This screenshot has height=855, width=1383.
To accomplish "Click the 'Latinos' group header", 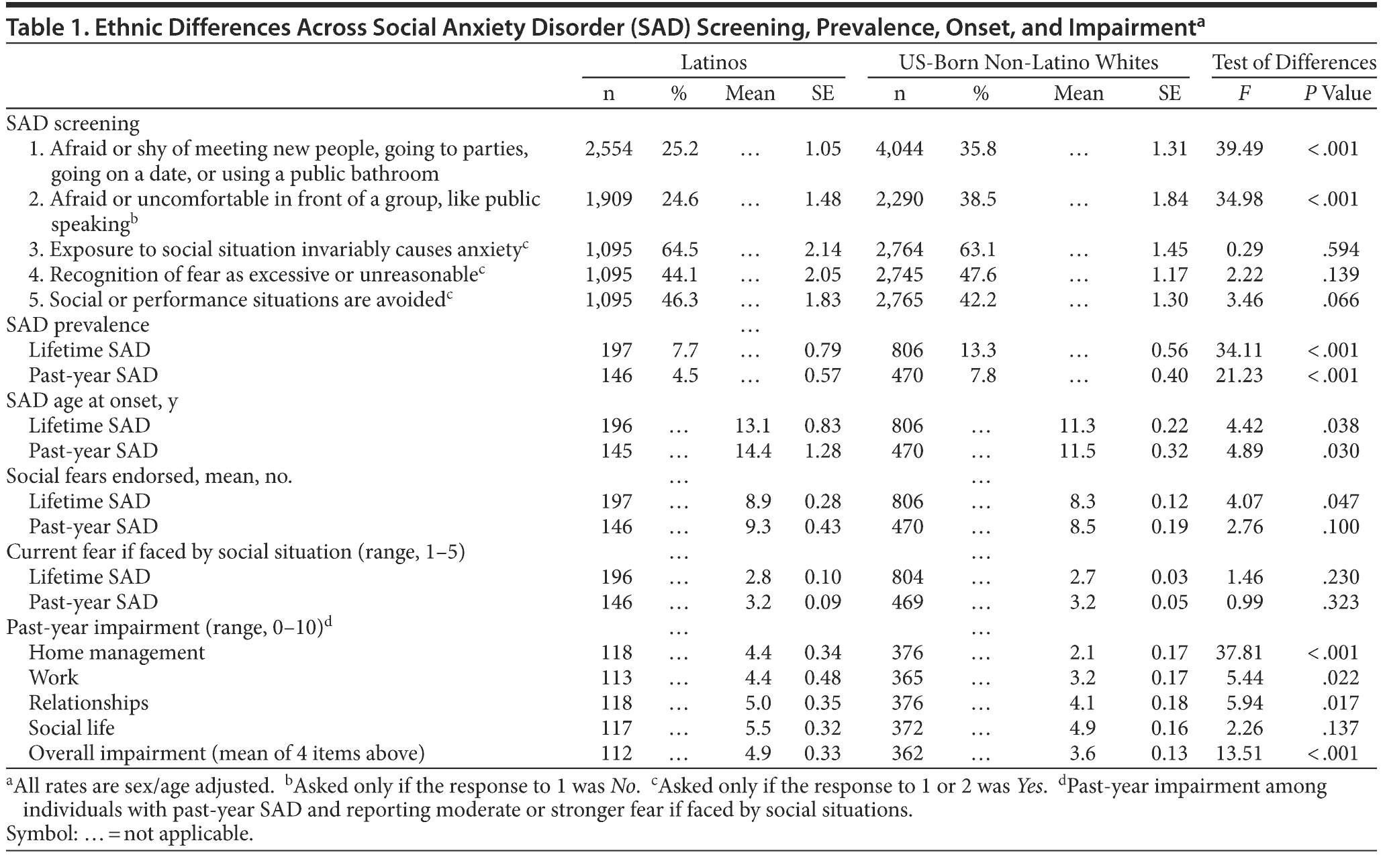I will pyautogui.click(x=714, y=62).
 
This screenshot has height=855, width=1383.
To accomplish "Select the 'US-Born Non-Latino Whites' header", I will pyautogui.click(x=1029, y=62).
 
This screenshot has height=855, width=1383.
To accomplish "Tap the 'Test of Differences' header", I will pyautogui.click(x=1294, y=62).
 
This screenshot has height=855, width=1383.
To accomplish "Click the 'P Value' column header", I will pyautogui.click(x=1337, y=93).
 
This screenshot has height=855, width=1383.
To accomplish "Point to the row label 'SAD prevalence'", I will pyautogui.click(x=78, y=324).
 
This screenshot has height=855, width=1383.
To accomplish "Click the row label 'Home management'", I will pyautogui.click(x=117, y=652).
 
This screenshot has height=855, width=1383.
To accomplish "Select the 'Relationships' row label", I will pyautogui.click(x=89, y=703).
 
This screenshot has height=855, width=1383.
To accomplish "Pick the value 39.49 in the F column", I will pyautogui.click(x=1239, y=148).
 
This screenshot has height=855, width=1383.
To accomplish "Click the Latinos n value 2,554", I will pyautogui.click(x=608, y=148).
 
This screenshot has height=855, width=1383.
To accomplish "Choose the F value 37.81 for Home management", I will pyautogui.click(x=1239, y=652).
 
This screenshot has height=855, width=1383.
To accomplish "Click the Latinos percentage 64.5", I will pyautogui.click(x=679, y=249).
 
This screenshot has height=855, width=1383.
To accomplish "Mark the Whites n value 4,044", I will pyautogui.click(x=900, y=148).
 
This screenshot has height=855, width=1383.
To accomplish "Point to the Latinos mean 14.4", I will pyautogui.click(x=753, y=451).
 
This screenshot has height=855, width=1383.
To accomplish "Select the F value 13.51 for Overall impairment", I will pyautogui.click(x=1239, y=753).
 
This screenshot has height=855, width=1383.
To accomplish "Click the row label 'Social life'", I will pyautogui.click(x=72, y=727).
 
